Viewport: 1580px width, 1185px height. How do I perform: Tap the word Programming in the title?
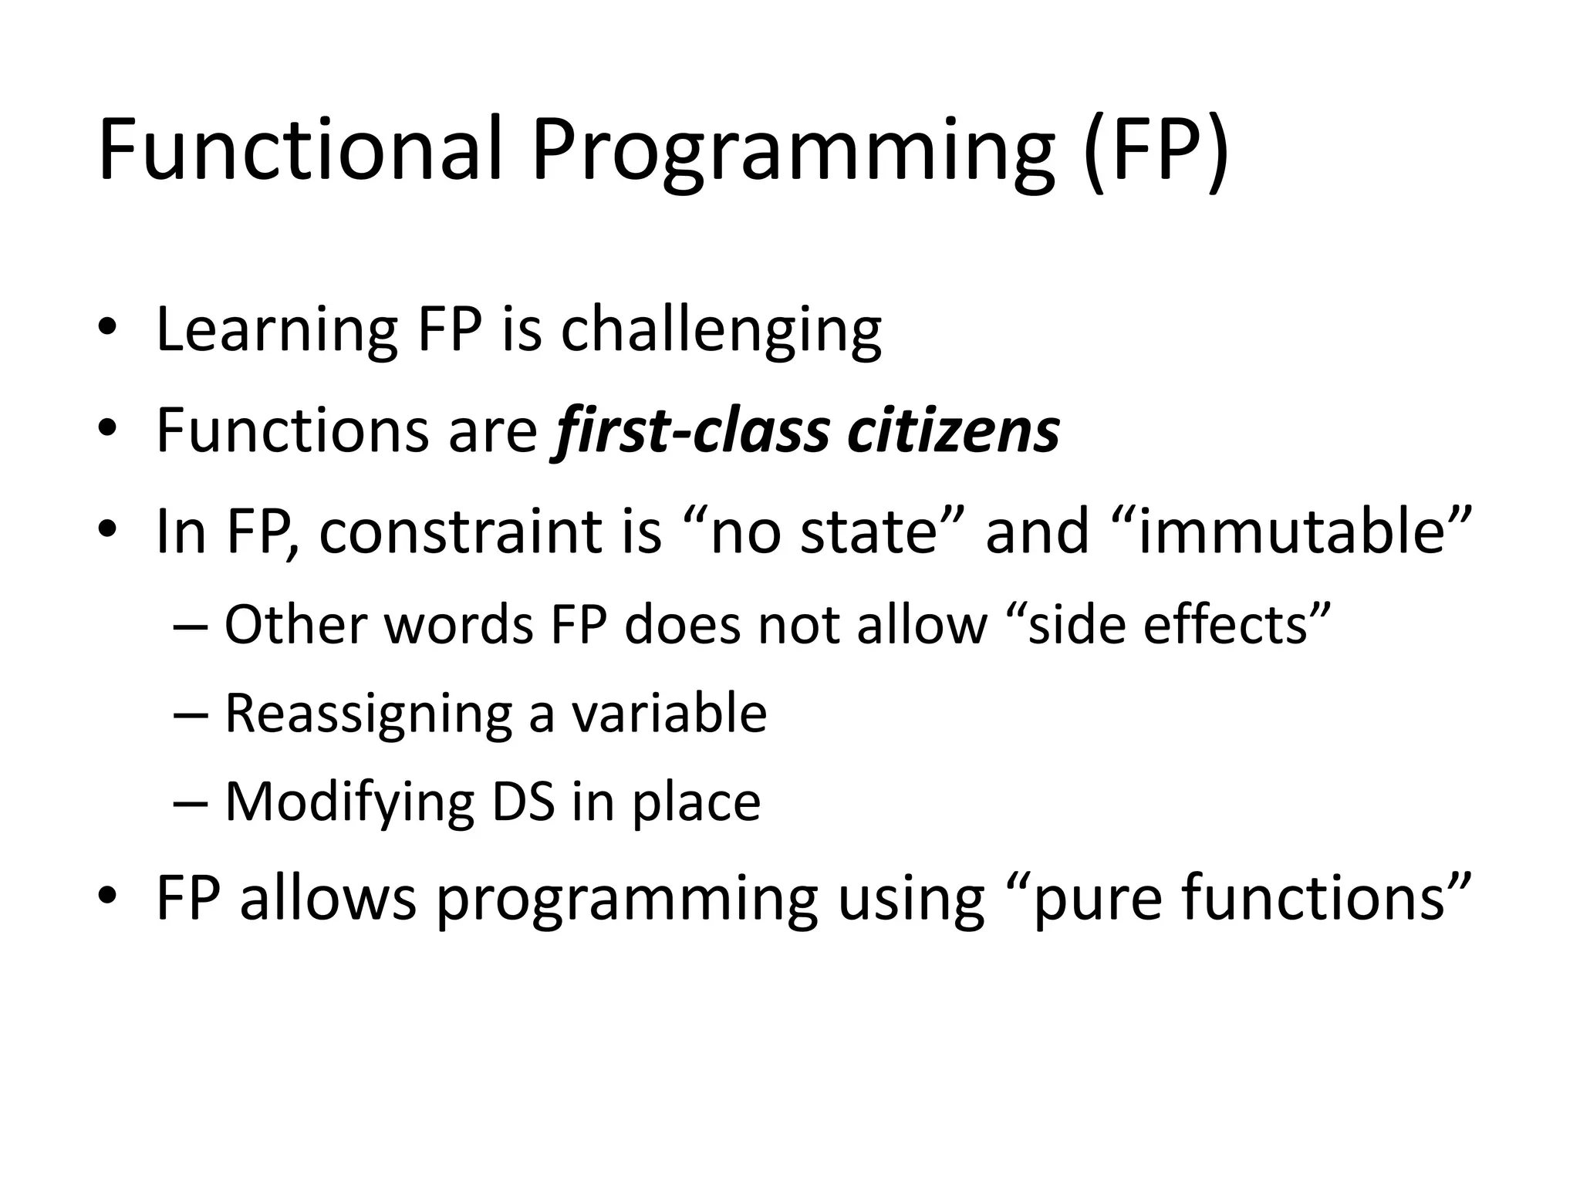click(791, 154)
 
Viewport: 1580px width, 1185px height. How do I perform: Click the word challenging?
click(721, 332)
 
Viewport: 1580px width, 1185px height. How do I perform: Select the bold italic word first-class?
click(690, 432)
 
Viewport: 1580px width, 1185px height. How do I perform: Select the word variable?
click(669, 713)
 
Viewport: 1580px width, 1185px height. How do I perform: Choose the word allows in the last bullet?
click(329, 898)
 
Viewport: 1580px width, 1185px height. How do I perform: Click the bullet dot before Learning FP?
click(107, 330)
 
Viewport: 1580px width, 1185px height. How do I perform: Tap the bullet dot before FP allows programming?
click(107, 896)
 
